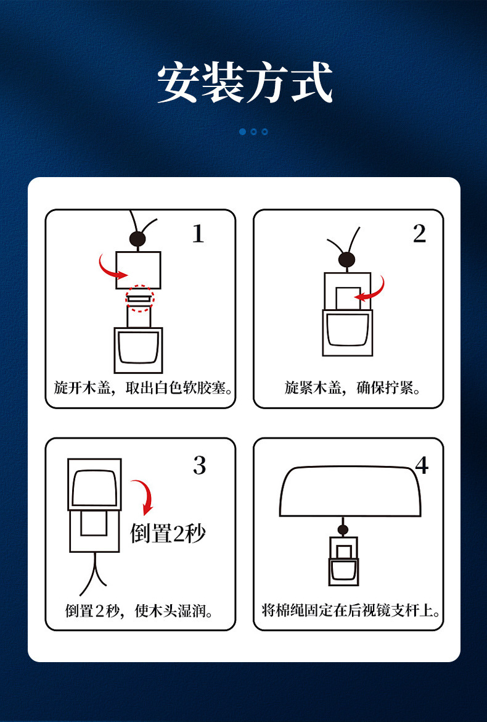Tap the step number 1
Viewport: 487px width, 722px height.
point(197,234)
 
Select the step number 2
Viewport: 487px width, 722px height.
point(419,234)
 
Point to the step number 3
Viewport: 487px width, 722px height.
point(199,465)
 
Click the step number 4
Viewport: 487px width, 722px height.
point(422,466)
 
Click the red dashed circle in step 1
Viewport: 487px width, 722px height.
point(139,299)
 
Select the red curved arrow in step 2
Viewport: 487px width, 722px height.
point(372,290)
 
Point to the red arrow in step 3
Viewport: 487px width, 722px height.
point(144,496)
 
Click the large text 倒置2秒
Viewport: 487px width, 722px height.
point(167,533)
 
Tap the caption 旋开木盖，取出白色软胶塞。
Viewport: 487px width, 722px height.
point(141,388)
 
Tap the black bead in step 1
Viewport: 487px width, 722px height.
point(137,239)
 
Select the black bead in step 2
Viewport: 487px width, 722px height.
point(346,259)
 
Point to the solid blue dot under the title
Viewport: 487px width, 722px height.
point(242,131)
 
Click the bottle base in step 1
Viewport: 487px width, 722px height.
point(139,349)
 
